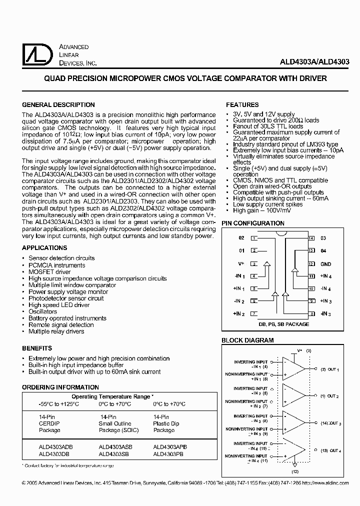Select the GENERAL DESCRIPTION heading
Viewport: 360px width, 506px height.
pos(58,105)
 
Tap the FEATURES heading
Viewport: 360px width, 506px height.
pos(242,105)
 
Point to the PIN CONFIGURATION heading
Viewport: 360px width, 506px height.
pos(253,223)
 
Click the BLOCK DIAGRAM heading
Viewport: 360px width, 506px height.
pos(247,340)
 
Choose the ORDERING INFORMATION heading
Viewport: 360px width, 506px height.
pos(60,387)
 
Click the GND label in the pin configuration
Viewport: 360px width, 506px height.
pos(326,264)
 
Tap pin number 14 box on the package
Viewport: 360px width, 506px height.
pos(311,238)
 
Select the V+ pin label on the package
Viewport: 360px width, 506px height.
pos(241,264)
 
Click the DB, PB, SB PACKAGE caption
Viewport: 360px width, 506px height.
pos(283,324)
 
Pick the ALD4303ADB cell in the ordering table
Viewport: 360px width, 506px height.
pos(55,447)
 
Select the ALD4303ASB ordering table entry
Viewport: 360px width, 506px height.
pos(116,447)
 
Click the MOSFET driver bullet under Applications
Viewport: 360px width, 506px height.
pos(49,272)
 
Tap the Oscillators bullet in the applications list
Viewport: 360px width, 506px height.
pos(42,311)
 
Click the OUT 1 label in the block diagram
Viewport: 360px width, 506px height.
pos(333,369)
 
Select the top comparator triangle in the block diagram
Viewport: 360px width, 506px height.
pos(294,368)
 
